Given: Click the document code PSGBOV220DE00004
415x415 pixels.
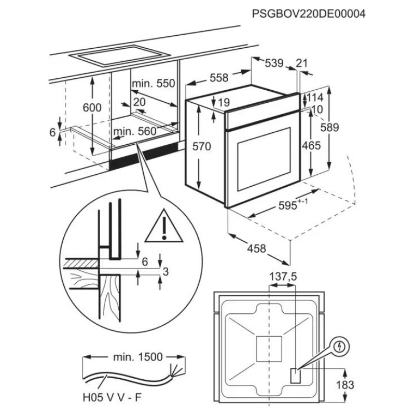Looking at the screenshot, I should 309,15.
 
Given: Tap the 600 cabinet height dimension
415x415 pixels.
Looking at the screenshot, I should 92,107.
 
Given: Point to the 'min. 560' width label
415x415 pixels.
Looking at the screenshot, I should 135,132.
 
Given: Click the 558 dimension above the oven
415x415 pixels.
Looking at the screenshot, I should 218,78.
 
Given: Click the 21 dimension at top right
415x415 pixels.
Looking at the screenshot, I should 301,63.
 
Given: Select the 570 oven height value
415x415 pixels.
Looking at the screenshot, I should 201,147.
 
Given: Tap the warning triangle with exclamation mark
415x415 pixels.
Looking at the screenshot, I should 163,227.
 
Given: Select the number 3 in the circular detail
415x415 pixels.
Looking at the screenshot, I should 165,271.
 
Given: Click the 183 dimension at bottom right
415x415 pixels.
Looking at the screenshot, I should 345,385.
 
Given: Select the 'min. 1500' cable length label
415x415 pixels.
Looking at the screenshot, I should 137,357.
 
